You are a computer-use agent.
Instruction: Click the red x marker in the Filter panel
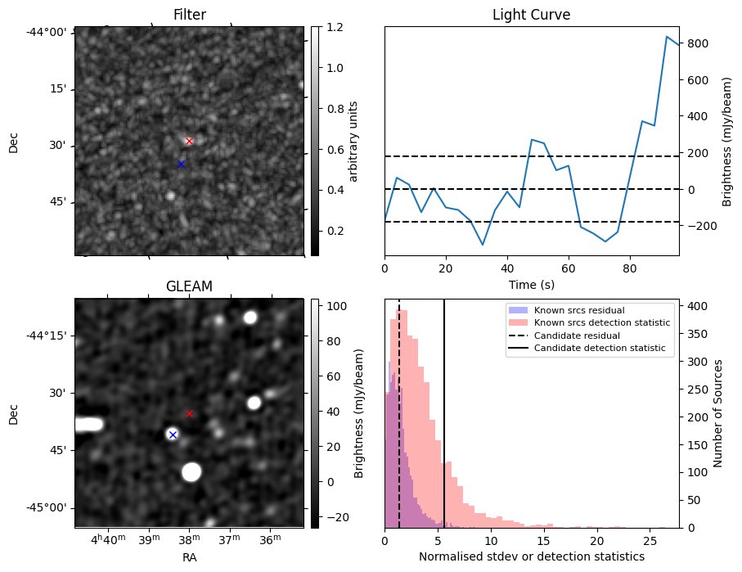pos(189,141)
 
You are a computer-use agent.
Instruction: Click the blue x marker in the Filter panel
pos(181,164)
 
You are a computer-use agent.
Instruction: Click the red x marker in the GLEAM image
pos(189,413)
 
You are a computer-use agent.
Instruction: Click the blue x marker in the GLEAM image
pos(173,435)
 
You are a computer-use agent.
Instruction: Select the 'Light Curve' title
pos(531,16)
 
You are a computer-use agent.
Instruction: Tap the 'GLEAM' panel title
pos(189,286)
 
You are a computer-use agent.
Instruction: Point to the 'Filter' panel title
pos(189,16)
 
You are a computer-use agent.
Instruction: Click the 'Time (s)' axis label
pos(531,284)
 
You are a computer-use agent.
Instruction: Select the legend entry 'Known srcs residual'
pos(578,310)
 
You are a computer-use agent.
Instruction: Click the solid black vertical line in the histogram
pos(444,409)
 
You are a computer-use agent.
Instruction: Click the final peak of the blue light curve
pos(667,37)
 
